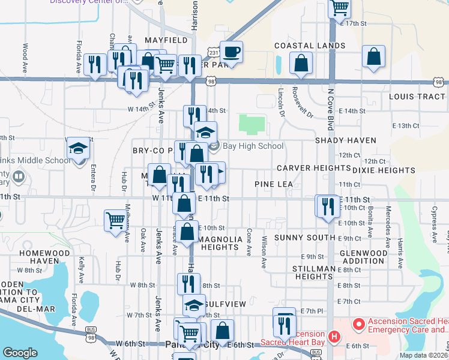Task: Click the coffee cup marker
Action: point(231,52)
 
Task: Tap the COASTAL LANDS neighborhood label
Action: point(310,46)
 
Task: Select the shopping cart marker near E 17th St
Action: point(340,8)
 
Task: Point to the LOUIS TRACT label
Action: point(417,97)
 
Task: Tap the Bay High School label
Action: point(253,146)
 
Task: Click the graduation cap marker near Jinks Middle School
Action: point(78,148)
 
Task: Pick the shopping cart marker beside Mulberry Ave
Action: point(115,220)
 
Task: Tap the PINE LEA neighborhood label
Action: point(273,184)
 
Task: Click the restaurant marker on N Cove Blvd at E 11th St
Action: point(328,206)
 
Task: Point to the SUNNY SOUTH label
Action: point(301,238)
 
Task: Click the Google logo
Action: point(20,353)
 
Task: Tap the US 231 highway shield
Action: point(214,53)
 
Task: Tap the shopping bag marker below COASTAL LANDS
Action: point(301,62)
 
